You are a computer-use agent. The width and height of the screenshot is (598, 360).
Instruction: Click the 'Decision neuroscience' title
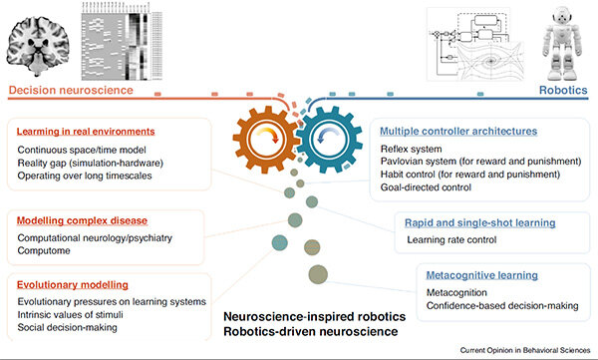[71, 91]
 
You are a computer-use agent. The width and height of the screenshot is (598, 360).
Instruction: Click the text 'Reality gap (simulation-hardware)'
[94, 163]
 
